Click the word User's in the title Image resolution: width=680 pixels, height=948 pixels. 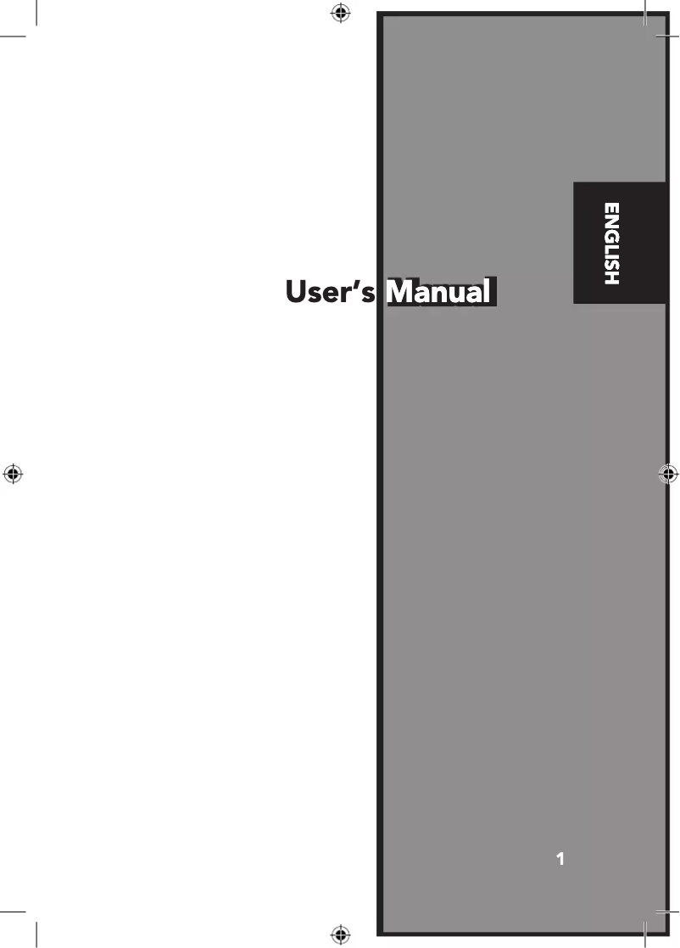click(x=331, y=291)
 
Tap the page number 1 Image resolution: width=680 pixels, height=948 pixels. click(x=560, y=859)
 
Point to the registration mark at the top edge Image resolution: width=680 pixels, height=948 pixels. click(x=341, y=12)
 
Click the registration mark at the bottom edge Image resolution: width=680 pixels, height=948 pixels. click(x=341, y=934)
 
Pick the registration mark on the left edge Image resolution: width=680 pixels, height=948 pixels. click(x=13, y=474)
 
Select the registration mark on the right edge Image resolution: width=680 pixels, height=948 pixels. click(x=668, y=474)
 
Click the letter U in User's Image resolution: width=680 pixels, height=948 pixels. click(x=296, y=291)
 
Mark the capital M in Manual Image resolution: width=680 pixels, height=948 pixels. click(x=400, y=291)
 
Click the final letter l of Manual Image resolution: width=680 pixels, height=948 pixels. click(x=488, y=291)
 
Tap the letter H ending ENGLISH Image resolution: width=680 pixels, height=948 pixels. click(x=612, y=278)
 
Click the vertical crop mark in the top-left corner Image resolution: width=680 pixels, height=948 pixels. click(x=36, y=13)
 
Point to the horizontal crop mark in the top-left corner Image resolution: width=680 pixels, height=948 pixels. click(x=13, y=36)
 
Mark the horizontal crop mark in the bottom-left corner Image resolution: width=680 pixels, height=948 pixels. click(x=13, y=912)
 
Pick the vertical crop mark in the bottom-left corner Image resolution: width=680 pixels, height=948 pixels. click(x=36, y=934)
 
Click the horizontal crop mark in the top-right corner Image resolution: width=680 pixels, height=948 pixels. click(x=668, y=36)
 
